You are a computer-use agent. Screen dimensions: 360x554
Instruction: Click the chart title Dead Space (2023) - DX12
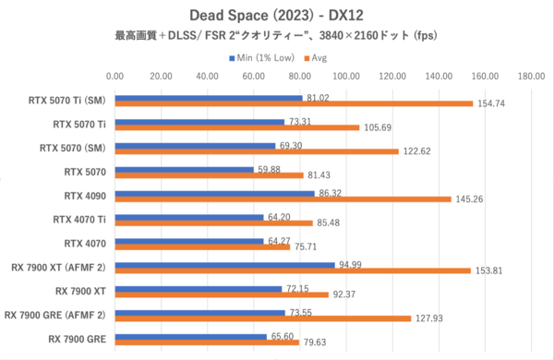tap(277, 15)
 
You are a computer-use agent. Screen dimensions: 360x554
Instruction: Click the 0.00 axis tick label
tap(115, 78)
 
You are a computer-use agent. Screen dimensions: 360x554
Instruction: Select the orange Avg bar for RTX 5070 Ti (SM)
tap(294, 103)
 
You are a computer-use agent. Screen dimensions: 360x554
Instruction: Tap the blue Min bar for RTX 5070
tap(185, 170)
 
